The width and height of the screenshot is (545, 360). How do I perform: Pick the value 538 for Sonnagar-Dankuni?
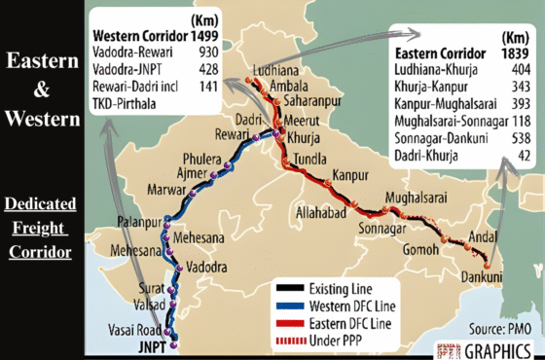pyautogui.click(x=516, y=137)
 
